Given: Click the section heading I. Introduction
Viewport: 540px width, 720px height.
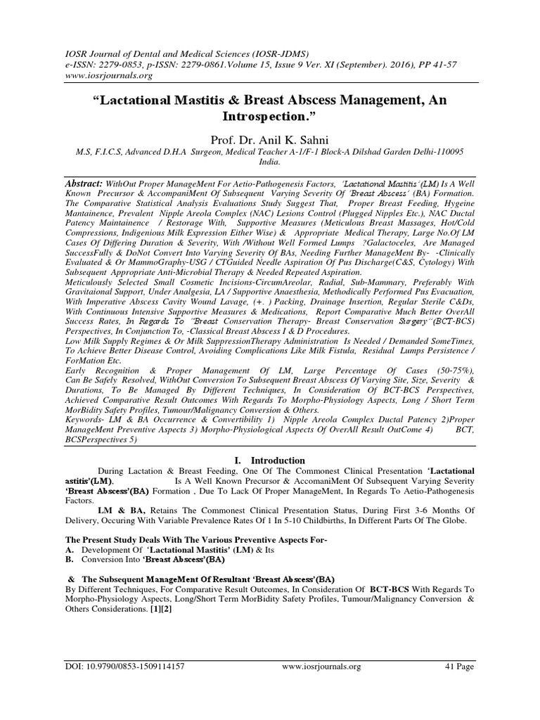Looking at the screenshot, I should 269,461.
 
